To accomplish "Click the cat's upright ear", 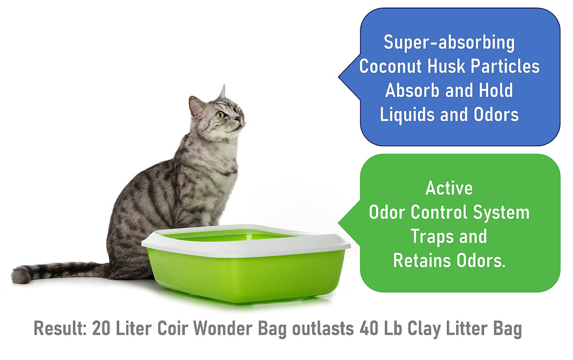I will point(222,92).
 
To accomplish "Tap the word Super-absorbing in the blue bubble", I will point(449,42).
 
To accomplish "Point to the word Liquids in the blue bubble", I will point(407,114).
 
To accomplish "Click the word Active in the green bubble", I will point(449,188).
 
